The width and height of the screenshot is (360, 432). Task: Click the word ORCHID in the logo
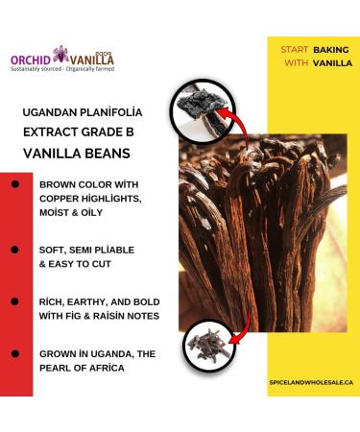(x=32, y=58)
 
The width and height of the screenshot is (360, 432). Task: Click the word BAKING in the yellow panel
(x=330, y=48)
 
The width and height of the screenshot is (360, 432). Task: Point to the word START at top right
(x=294, y=48)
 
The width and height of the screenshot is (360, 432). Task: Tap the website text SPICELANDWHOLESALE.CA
(x=306, y=381)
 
